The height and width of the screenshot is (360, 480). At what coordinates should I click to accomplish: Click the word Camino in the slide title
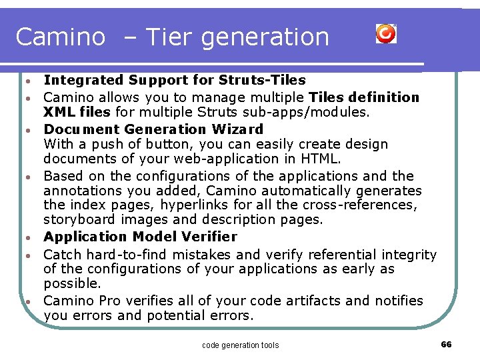tap(60, 37)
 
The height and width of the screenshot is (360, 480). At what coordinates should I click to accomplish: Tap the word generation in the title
tap(265, 37)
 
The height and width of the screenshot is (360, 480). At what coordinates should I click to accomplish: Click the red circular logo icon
tap(386, 33)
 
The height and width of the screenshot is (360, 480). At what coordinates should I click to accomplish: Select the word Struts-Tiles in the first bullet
tap(266, 81)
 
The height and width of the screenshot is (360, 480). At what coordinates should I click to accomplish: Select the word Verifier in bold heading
tap(211, 237)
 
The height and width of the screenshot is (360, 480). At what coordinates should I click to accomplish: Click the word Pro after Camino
tap(107, 301)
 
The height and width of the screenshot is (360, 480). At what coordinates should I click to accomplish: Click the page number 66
tap(447, 344)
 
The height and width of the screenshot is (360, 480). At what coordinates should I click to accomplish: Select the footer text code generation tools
tap(240, 345)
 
